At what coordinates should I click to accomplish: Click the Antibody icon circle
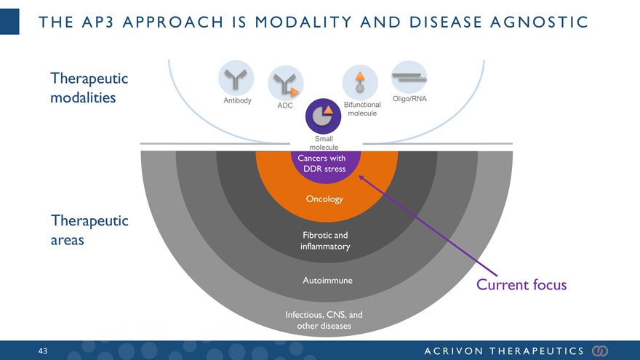[x=234, y=76]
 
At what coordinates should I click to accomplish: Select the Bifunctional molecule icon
[x=360, y=81]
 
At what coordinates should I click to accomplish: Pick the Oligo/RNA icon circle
[x=409, y=76]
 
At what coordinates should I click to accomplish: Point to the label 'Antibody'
[x=237, y=100]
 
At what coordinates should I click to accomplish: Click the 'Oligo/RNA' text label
[x=409, y=99]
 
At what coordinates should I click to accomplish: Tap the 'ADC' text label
[x=285, y=105]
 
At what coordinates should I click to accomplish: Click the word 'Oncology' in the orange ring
[x=324, y=199]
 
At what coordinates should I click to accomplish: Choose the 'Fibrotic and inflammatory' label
[x=325, y=241]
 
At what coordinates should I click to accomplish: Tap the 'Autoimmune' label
[x=327, y=280]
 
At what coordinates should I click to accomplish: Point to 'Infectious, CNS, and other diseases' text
[x=324, y=321]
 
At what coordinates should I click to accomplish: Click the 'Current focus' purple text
[x=521, y=284]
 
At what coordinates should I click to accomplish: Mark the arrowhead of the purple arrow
[x=361, y=178]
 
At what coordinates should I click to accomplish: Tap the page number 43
[x=43, y=351]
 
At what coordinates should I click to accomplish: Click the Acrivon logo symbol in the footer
[x=600, y=351]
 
